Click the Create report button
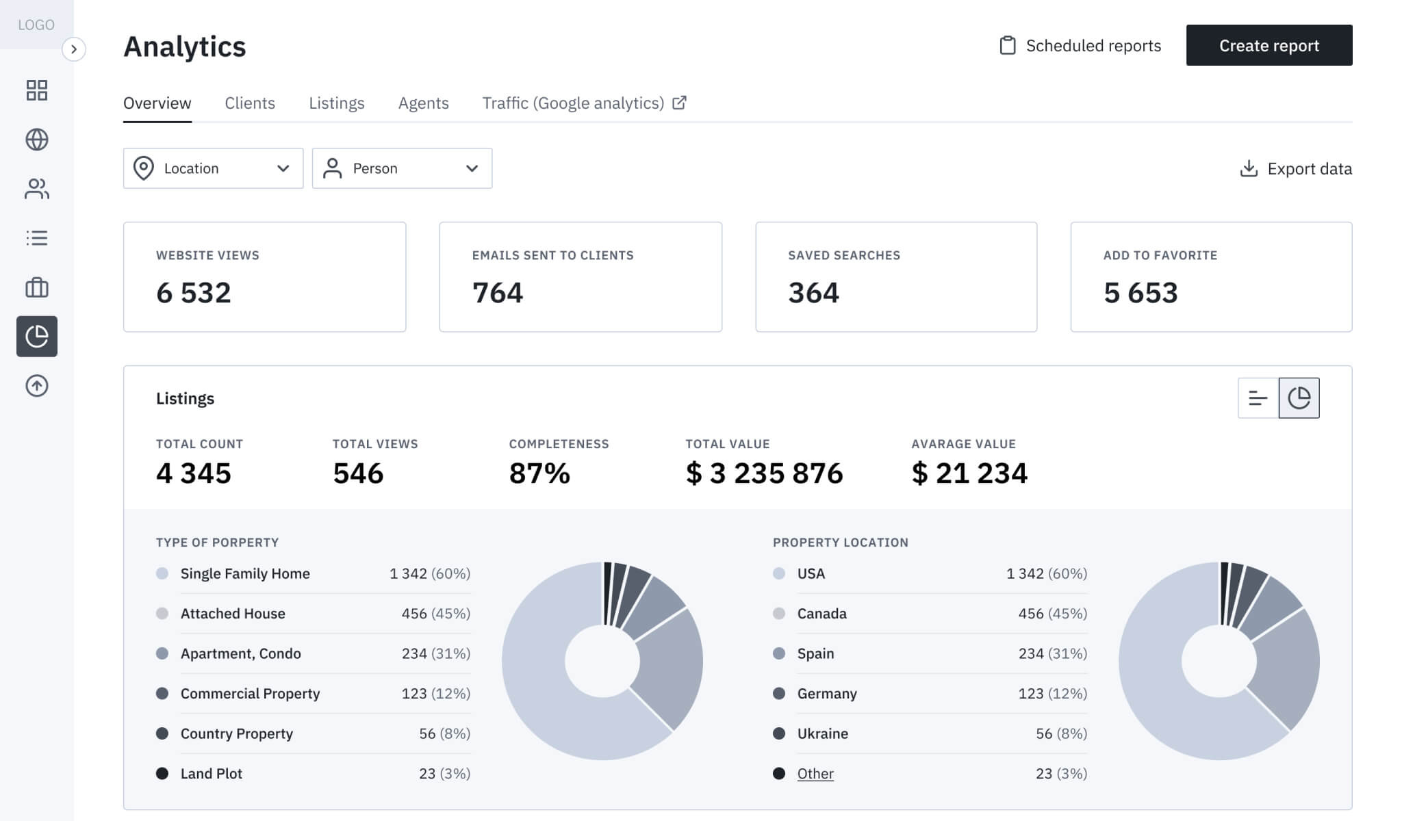(x=1269, y=45)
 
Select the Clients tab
(x=250, y=103)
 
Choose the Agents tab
(x=423, y=103)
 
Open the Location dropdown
(x=213, y=168)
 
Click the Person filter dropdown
(x=402, y=168)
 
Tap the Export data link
(x=1296, y=169)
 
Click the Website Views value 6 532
(x=194, y=293)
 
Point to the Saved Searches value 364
(x=813, y=293)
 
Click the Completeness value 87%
(x=539, y=473)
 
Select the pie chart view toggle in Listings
(x=1299, y=398)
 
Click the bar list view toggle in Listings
(x=1258, y=398)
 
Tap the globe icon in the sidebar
(x=37, y=140)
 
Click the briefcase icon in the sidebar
(x=37, y=287)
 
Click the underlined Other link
(x=815, y=774)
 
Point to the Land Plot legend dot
(x=162, y=774)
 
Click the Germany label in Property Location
(x=827, y=694)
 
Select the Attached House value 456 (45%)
(x=436, y=614)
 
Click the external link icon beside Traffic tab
(x=679, y=103)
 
